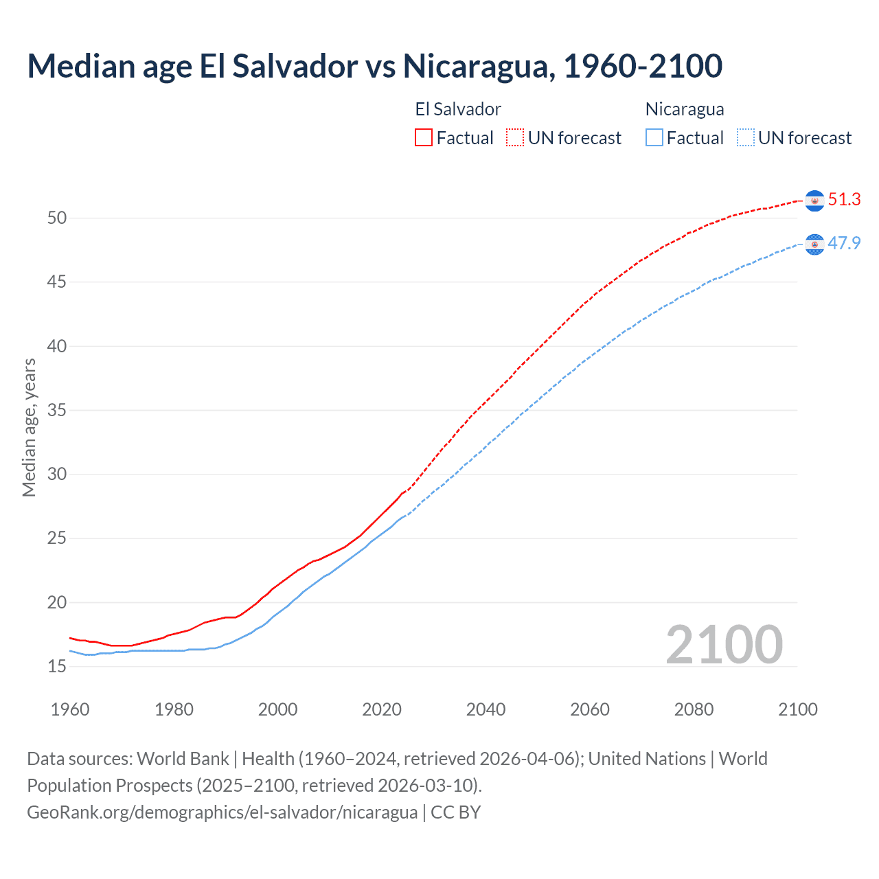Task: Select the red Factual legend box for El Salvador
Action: (x=424, y=137)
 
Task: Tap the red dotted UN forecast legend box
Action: (x=515, y=137)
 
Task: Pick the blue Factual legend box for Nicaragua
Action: (x=654, y=137)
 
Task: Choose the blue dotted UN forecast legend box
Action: (x=746, y=137)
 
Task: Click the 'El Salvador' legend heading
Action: (x=458, y=109)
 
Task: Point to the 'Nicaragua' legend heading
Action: (x=685, y=109)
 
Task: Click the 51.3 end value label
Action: (x=844, y=200)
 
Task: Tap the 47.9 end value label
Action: (x=844, y=243)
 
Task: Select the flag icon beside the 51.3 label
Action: (x=814, y=201)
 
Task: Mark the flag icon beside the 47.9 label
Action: (x=814, y=244)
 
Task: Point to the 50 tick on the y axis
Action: (x=57, y=218)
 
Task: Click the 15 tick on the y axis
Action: (x=57, y=667)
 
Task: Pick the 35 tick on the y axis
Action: (x=57, y=411)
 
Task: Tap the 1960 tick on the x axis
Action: (x=70, y=709)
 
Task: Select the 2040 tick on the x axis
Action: (x=486, y=709)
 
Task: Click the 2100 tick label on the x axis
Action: (x=797, y=709)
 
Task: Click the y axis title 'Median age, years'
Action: (x=29, y=427)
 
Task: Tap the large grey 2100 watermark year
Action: (x=724, y=644)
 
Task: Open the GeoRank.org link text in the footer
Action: (x=222, y=812)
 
